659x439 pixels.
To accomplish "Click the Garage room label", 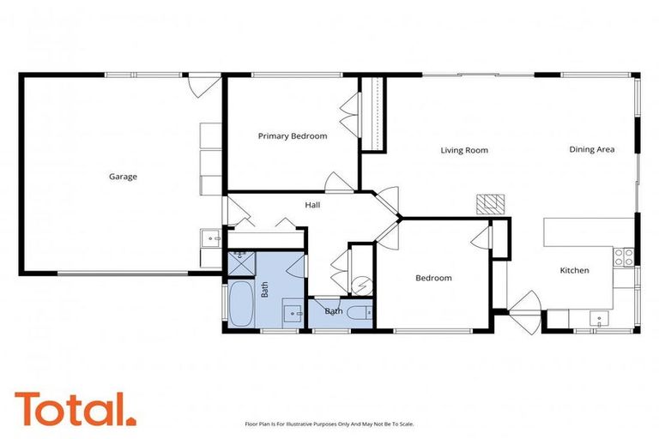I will pos(123,177).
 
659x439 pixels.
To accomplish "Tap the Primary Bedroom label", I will pos(293,135).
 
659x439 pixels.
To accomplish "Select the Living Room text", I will pos(464,150).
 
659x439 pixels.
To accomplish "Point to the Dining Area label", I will pos(592,149).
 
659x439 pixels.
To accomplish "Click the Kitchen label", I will pos(574,271).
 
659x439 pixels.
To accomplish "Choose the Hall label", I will pos(312,205).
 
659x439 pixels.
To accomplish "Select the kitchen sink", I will pos(598,319).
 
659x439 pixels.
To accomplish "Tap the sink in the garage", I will pos(209,236).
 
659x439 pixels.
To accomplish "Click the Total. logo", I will pos(75,409).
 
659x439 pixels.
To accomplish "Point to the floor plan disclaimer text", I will pos(329,424).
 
